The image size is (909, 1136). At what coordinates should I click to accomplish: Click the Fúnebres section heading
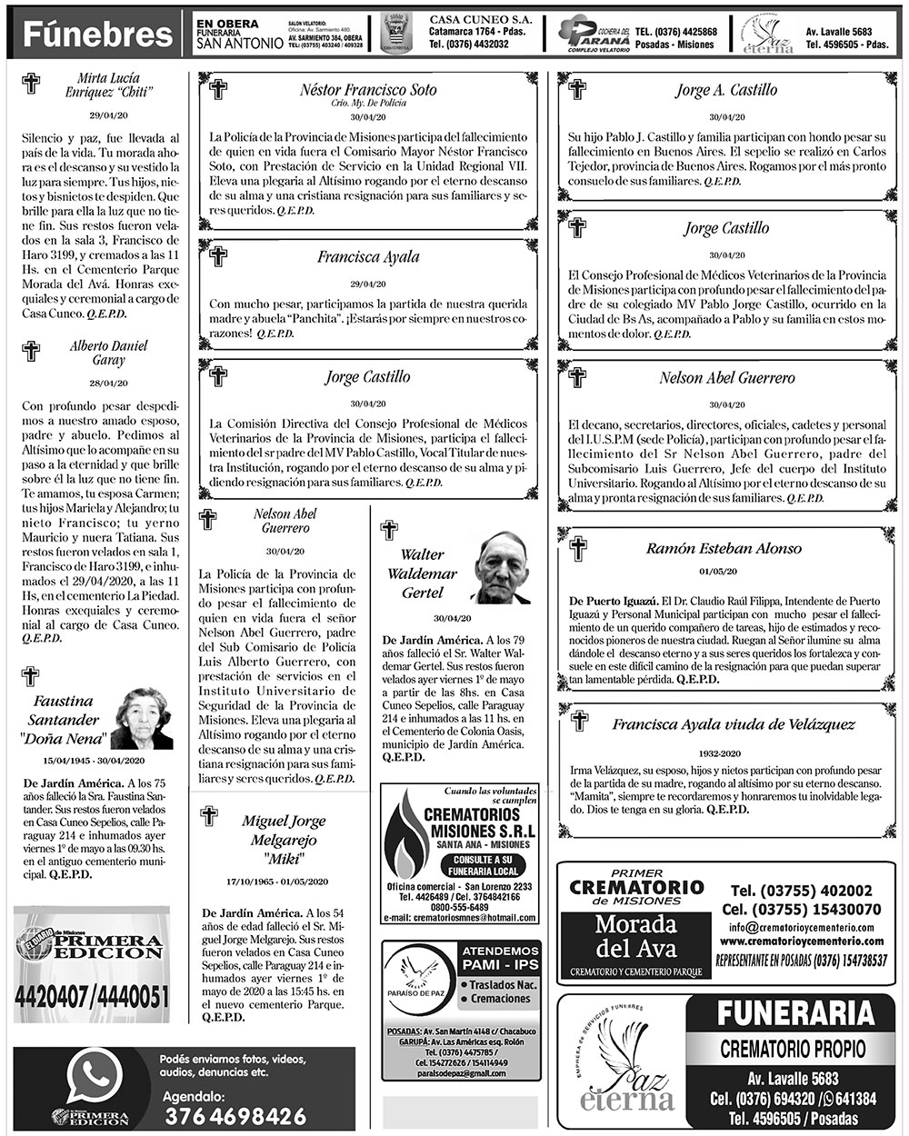98,35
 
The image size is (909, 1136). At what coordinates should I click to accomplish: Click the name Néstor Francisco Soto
368,90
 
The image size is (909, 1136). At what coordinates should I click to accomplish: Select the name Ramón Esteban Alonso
724,548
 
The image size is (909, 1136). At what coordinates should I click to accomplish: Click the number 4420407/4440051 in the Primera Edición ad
92,996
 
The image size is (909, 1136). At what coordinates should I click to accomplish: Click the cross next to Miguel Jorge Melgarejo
209,814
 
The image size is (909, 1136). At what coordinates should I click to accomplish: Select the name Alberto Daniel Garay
108,353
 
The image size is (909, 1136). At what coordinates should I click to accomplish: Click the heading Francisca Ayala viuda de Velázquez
733,724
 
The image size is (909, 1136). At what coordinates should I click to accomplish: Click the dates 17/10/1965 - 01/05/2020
276,882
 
